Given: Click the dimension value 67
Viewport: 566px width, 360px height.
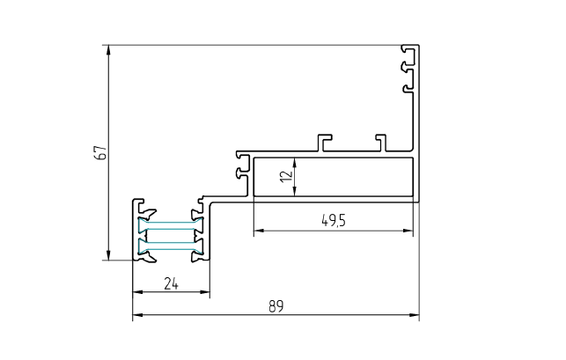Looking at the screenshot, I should pos(102,152).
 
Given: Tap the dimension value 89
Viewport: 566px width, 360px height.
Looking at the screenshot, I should pos(276,307).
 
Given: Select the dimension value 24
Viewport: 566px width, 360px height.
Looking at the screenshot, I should pos(171,283).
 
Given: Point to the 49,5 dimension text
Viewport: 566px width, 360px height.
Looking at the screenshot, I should pos(333,222).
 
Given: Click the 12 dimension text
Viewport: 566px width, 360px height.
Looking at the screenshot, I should pos(283,176).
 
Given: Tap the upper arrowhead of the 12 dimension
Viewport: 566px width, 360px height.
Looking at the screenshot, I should pos(294,162).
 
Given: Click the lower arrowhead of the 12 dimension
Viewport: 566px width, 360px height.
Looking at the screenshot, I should pos(294,193).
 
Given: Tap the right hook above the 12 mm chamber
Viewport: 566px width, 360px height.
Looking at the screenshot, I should pos(380,140).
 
